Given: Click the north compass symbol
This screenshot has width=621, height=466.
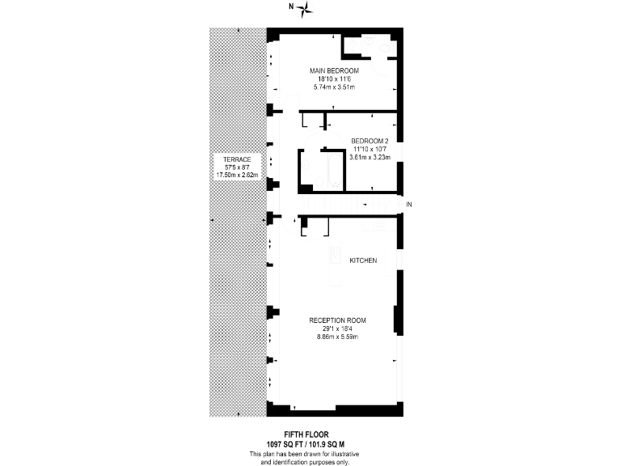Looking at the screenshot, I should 305,9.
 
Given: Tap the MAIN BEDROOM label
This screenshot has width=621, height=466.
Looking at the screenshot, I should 334,71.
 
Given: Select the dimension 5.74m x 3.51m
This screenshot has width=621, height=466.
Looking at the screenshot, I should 334,87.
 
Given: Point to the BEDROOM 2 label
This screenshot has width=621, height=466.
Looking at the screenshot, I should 370,141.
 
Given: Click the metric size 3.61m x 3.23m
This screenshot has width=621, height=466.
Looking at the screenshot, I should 370,157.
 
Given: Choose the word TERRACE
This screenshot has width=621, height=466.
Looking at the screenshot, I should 237,159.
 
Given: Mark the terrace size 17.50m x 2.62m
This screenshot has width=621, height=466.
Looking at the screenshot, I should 237,175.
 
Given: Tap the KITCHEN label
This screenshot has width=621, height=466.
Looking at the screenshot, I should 363,261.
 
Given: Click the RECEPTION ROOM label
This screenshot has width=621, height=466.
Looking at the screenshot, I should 338,320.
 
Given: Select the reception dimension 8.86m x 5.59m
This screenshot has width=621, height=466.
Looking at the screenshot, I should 338,336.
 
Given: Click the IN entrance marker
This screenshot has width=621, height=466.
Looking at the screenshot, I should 409,204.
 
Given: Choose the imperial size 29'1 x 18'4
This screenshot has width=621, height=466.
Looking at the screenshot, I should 338,328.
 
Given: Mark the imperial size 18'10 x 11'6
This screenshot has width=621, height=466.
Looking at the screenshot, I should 334,79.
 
